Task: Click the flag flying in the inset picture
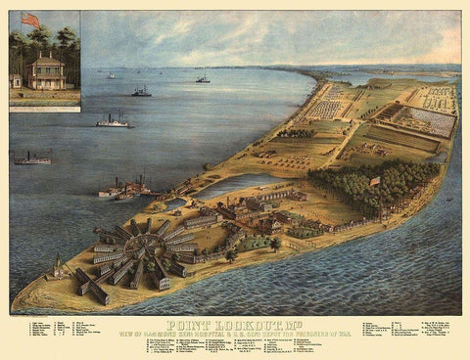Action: [x=30, y=20]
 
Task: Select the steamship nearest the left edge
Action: [x=31, y=157]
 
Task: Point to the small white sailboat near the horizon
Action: [x=107, y=75]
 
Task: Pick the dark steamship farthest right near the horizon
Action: [x=202, y=78]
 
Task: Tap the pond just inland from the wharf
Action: [x=227, y=183]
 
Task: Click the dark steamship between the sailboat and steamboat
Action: [x=141, y=92]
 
